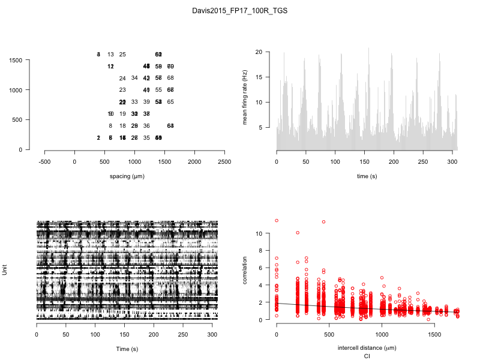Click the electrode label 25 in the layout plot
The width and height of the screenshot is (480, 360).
click(122, 55)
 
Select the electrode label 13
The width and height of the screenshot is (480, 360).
click(110, 55)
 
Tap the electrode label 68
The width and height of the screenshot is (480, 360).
click(170, 78)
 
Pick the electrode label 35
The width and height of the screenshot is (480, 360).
click(146, 138)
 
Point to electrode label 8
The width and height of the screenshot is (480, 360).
click(110, 126)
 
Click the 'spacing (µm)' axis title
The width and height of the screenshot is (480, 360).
click(127, 176)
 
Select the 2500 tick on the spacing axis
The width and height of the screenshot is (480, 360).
click(224, 161)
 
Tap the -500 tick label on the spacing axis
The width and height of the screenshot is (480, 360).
click(44, 161)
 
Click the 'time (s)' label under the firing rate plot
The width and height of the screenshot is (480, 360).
click(367, 176)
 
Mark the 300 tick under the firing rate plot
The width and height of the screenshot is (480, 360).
click(453, 161)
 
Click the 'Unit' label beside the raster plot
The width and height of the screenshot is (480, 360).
click(5, 271)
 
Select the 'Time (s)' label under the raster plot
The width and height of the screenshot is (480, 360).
click(127, 348)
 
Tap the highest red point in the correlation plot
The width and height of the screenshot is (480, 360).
click(277, 221)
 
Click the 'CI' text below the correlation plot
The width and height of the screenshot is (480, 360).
click(367, 356)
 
